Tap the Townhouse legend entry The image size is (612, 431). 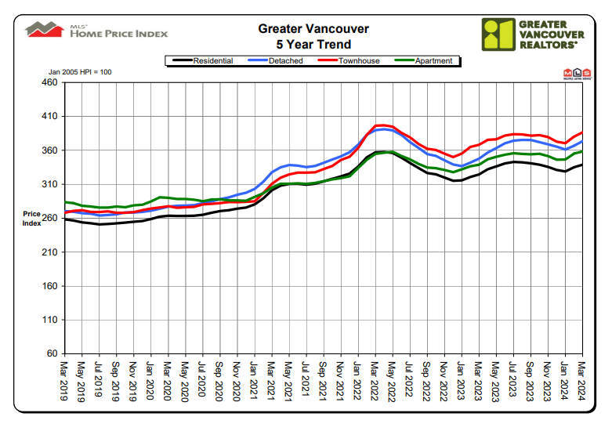(x=356, y=60)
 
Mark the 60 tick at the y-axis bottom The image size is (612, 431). (x=52, y=354)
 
